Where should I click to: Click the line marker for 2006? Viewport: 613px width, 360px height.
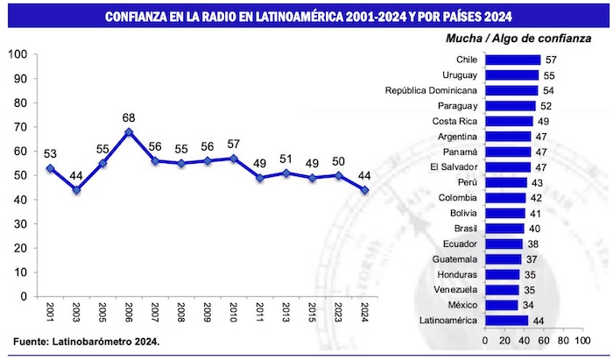tap(129, 132)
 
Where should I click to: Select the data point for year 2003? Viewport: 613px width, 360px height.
tap(76, 190)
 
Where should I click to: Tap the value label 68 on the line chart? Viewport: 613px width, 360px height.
tap(129, 117)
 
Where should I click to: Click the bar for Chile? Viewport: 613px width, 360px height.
tap(512, 60)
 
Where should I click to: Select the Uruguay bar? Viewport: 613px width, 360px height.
tap(511, 74)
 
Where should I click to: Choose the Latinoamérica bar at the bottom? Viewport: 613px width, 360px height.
tap(506, 321)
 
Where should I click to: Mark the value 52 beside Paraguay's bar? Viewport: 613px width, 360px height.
tap(546, 106)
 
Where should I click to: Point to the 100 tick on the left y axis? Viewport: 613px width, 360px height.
tap(18, 54)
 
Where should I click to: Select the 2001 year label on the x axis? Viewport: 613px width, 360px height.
tap(51, 312)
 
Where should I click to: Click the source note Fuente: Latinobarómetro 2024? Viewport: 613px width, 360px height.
tap(87, 340)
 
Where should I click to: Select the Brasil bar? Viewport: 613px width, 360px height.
tap(504, 229)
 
